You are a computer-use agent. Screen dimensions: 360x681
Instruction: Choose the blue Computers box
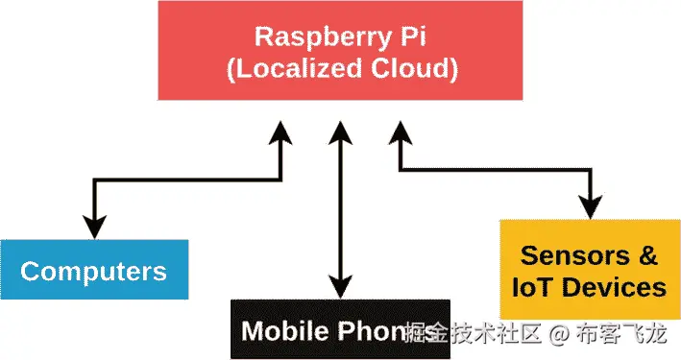click(x=93, y=270)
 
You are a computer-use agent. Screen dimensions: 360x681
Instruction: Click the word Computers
click(x=93, y=271)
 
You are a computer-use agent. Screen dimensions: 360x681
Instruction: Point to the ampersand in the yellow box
click(x=647, y=255)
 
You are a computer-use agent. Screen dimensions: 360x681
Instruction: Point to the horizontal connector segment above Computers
click(x=187, y=178)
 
